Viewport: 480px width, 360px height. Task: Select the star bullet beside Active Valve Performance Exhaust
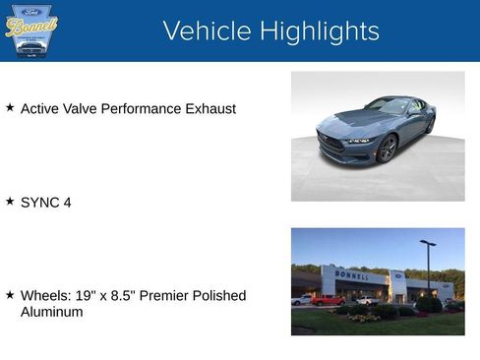coord(10,107)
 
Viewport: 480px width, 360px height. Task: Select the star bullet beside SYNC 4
coord(10,201)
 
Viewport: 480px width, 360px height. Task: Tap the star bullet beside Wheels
coord(10,294)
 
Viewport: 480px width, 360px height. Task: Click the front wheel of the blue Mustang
coord(388,149)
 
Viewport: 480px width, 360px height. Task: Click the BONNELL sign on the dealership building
coord(352,275)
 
